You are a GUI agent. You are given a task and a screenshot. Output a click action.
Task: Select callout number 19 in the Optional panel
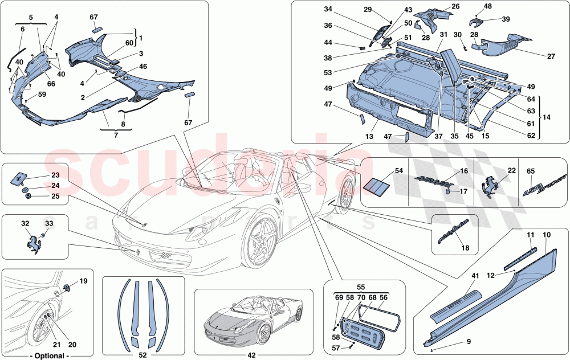click(x=84, y=281)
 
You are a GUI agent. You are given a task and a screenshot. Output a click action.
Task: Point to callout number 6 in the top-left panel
click(x=23, y=28)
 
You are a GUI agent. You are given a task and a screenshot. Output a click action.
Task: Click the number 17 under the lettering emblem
click(x=462, y=191)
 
